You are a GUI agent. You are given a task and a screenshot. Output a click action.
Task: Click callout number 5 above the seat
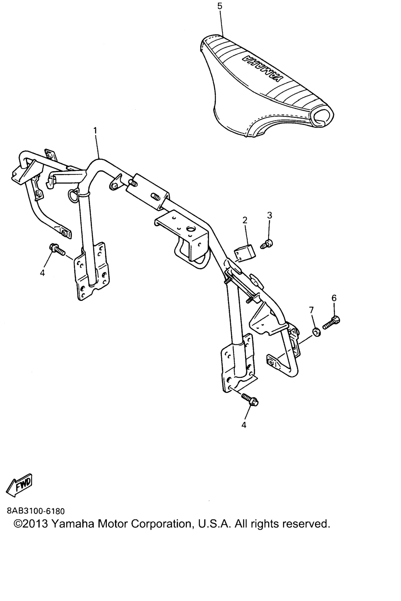220,6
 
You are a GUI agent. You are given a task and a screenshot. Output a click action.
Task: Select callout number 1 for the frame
95,131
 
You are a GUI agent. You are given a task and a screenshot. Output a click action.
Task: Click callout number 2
245,221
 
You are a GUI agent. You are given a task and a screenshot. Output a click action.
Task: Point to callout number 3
269,215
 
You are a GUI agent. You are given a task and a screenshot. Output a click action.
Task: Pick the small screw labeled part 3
266,244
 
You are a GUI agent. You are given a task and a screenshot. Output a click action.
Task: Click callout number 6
334,298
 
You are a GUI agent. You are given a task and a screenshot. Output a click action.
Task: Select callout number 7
311,310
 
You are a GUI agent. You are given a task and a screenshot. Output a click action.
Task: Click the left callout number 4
42,273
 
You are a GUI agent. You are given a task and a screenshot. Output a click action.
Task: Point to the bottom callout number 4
244,425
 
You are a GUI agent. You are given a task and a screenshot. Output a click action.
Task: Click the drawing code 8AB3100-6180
36,511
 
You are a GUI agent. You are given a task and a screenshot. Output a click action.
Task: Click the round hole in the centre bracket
191,229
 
